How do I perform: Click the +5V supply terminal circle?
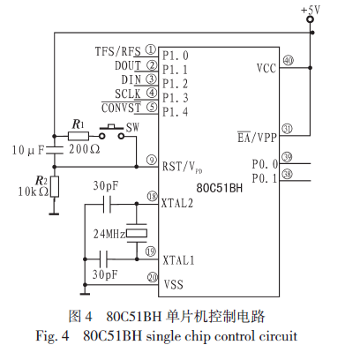(x=310, y=19)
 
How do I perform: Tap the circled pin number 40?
(x=289, y=61)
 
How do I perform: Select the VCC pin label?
(x=266, y=68)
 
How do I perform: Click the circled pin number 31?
(x=288, y=129)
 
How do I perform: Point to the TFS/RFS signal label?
(x=118, y=51)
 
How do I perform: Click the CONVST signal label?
(x=121, y=108)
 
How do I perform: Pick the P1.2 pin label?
(x=176, y=84)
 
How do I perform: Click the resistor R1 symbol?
(x=79, y=136)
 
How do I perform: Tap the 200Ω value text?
(x=85, y=149)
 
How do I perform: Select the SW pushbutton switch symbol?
(x=111, y=131)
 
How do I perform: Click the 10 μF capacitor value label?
(x=28, y=150)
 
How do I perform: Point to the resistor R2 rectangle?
(x=55, y=186)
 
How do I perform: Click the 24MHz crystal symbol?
(x=137, y=233)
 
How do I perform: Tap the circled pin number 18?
(x=153, y=196)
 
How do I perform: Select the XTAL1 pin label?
(x=178, y=260)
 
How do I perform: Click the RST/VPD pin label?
(x=183, y=168)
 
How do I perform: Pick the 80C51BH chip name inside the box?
(x=220, y=188)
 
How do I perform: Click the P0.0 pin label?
(x=265, y=164)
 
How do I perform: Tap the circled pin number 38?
(x=288, y=174)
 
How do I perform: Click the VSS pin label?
(x=174, y=284)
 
